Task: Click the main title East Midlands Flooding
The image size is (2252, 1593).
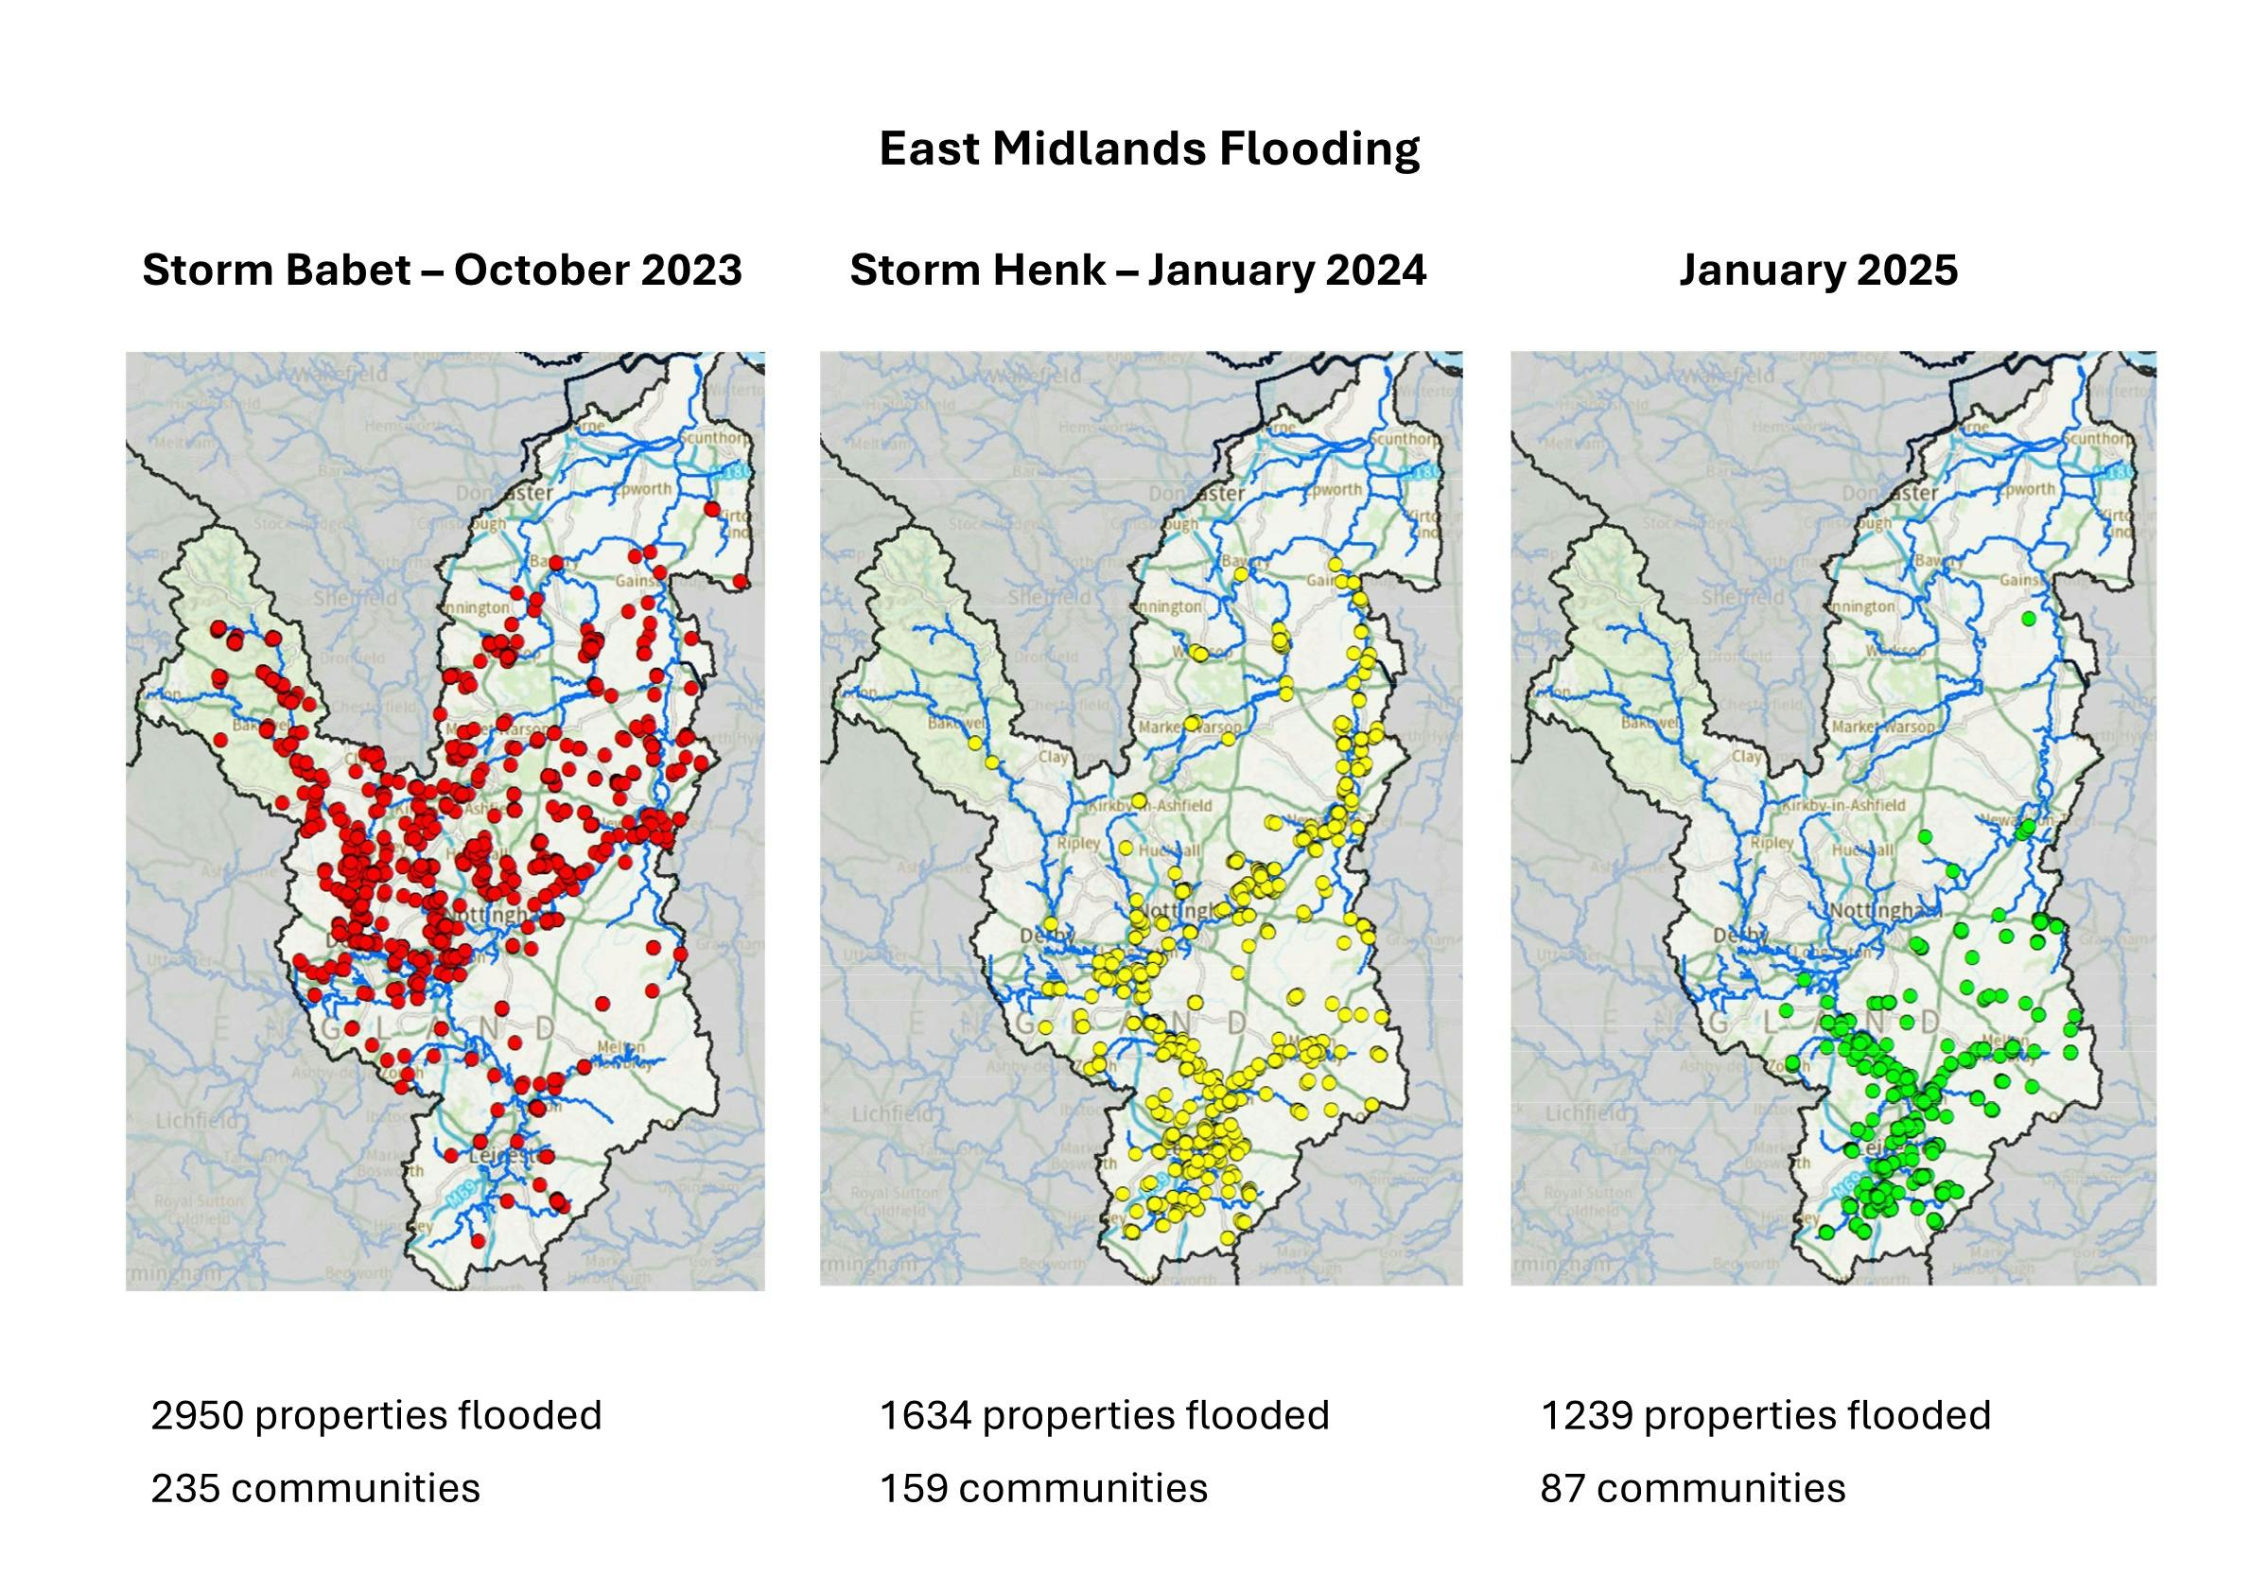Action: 1148,149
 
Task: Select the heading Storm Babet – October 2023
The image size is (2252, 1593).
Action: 442,270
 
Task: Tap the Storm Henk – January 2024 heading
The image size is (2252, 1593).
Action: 1137,270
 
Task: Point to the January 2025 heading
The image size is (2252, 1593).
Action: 1818,270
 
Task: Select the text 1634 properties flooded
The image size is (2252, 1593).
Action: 1104,1415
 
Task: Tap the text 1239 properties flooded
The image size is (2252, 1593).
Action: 1766,1415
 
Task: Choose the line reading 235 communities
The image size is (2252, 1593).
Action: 315,1488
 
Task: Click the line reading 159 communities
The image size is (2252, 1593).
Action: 1042,1488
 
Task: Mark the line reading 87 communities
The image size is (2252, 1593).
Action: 1692,1488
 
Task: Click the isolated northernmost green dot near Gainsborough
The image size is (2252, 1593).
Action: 2029,619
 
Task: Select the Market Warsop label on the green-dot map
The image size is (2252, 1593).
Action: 1882,726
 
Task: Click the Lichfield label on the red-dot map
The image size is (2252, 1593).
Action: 197,1118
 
